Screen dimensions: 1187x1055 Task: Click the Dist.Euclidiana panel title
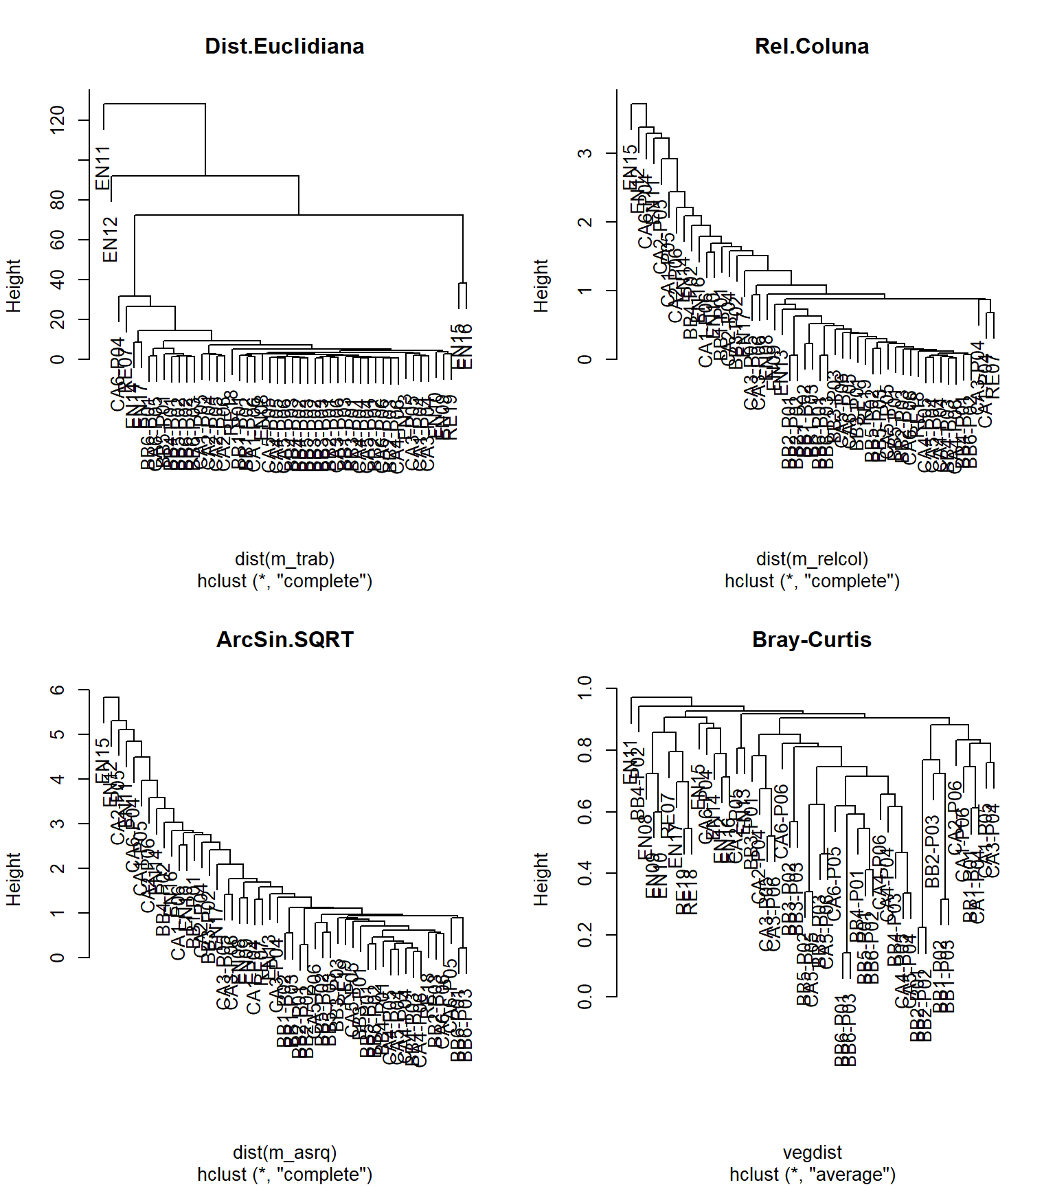284,46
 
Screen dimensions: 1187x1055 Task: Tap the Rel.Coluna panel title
811,46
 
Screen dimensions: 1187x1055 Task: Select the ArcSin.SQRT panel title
284,640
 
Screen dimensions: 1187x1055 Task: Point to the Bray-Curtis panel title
811,640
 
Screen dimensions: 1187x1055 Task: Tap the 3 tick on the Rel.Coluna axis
585,153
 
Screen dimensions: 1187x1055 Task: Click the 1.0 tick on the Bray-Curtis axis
585,688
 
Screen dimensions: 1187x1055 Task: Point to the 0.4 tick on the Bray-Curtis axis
585,873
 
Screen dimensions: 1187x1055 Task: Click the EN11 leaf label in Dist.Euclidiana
103,168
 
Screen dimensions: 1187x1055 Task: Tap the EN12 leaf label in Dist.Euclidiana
111,240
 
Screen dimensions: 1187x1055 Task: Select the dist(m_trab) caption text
284,559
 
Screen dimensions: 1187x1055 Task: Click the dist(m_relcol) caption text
812,559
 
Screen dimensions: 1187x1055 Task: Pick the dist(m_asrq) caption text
284,1153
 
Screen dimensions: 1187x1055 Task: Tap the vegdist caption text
812,1153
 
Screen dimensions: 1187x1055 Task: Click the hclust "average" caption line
812,1175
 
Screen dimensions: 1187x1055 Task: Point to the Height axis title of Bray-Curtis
541,879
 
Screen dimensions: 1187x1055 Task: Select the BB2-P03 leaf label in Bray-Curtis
932,851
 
